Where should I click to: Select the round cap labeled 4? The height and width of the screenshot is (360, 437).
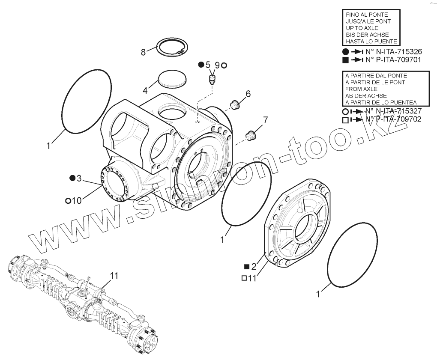(x=172, y=79)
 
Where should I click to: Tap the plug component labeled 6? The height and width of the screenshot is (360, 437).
(x=234, y=104)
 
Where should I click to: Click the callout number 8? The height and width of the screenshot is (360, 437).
(x=144, y=52)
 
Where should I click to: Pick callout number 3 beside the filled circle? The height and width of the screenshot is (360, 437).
(x=78, y=178)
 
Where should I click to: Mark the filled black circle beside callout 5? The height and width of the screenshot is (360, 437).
(x=201, y=65)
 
